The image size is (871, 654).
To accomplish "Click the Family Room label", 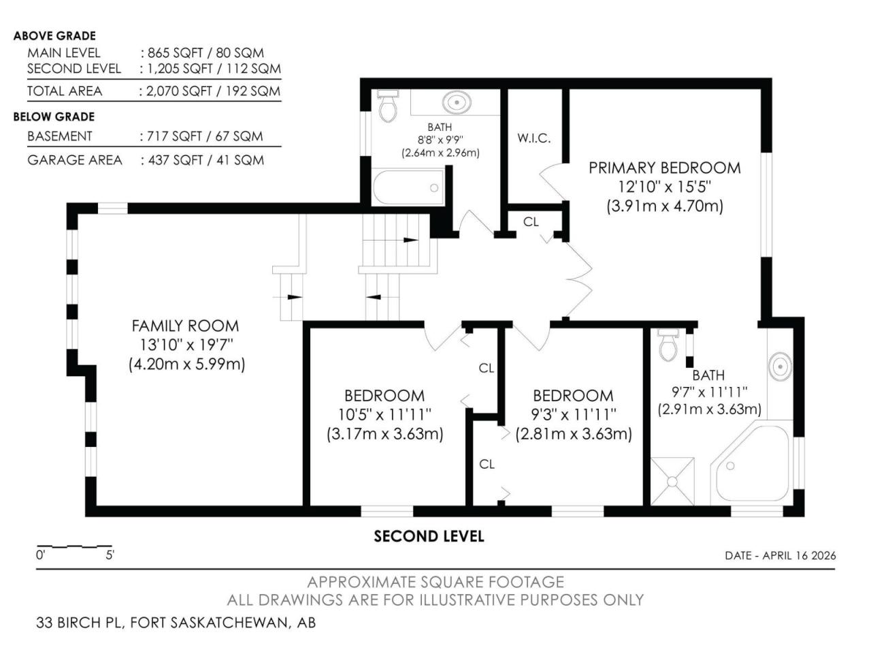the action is pyautogui.click(x=185, y=326).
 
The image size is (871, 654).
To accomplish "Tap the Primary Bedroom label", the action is pyautogui.click(x=665, y=168).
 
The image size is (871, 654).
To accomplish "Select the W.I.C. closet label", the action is pyautogui.click(x=534, y=138).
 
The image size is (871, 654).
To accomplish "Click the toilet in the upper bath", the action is pyautogui.click(x=388, y=106).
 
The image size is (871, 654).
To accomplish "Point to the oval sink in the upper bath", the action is pyautogui.click(x=457, y=102).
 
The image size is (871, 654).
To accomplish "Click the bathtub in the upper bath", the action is pyautogui.click(x=408, y=187).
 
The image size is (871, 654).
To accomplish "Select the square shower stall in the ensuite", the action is pyautogui.click(x=672, y=482).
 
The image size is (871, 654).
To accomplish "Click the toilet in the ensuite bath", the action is pyautogui.click(x=669, y=345).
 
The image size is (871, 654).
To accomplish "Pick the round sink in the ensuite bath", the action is pyautogui.click(x=780, y=366).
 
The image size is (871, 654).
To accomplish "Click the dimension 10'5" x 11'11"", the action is pyautogui.click(x=384, y=415).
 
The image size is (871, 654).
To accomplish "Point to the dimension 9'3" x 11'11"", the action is pyautogui.click(x=574, y=415).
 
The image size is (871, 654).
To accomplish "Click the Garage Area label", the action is pyautogui.click(x=75, y=160).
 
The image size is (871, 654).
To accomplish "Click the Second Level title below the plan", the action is pyautogui.click(x=429, y=536).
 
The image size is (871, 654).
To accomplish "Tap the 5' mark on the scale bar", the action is pyautogui.click(x=110, y=555).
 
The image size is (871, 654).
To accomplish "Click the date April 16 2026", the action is pyautogui.click(x=799, y=555).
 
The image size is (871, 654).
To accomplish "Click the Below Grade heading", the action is pyautogui.click(x=54, y=116).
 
